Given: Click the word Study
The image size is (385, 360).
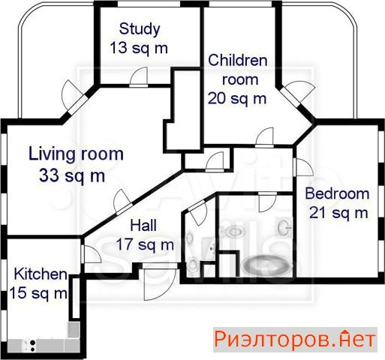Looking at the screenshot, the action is point(140,30).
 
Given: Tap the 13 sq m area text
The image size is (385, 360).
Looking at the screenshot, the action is point(139,48).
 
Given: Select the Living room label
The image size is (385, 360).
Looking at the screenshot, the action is point(76,154).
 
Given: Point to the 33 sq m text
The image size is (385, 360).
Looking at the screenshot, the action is point(72,175).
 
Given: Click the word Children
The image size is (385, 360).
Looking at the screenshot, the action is point(238,61).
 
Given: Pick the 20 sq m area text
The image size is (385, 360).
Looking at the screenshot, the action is point(237,98).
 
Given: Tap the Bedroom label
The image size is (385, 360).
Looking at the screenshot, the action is point(337,193).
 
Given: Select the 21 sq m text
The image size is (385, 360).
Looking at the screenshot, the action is point(338,213).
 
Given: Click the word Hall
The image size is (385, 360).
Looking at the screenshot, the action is point(143,225).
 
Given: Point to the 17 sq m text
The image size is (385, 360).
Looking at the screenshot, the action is point(145,244).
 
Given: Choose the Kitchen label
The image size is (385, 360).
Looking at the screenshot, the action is point(41,274).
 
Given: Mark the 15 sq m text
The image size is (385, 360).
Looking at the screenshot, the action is point(38,292).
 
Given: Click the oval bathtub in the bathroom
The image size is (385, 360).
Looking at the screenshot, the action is point(266,266).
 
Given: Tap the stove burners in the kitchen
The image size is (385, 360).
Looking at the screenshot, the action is point(32,346).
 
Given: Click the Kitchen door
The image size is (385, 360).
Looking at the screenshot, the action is point(91,254).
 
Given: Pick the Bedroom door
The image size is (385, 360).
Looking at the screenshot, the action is point(304,167).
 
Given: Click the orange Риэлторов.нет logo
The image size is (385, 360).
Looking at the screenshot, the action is point(295,340).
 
